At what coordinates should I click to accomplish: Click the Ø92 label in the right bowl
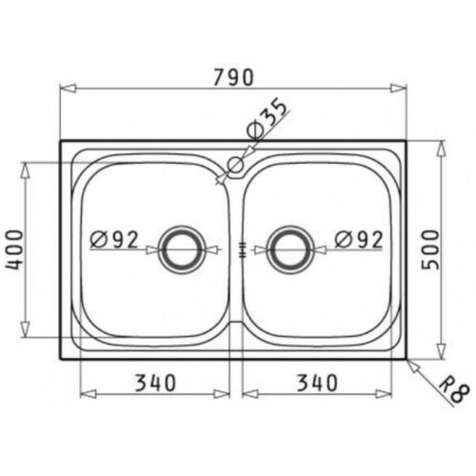(x=359, y=240)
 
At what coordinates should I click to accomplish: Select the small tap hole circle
(x=234, y=167)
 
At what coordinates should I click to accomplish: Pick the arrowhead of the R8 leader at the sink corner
(x=408, y=360)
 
